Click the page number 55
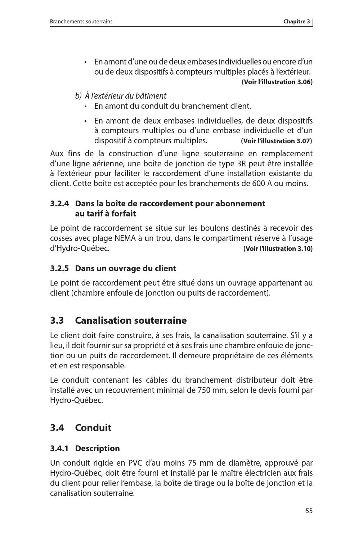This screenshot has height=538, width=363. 309,511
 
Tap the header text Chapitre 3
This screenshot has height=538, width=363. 296,22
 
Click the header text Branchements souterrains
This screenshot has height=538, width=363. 81,22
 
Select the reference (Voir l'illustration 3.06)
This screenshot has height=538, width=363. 277,82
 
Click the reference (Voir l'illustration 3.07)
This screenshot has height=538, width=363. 277,141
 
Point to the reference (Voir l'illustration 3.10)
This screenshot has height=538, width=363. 278,248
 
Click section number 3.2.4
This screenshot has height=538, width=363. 59,204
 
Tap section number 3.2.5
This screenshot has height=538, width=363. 59,269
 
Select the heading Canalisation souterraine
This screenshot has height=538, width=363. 131,320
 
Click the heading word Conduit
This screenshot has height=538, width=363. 93,428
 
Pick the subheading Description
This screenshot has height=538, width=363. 97,449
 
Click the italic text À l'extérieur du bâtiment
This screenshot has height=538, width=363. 125,96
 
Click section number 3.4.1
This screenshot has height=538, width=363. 59,449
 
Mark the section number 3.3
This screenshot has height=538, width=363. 57,320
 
